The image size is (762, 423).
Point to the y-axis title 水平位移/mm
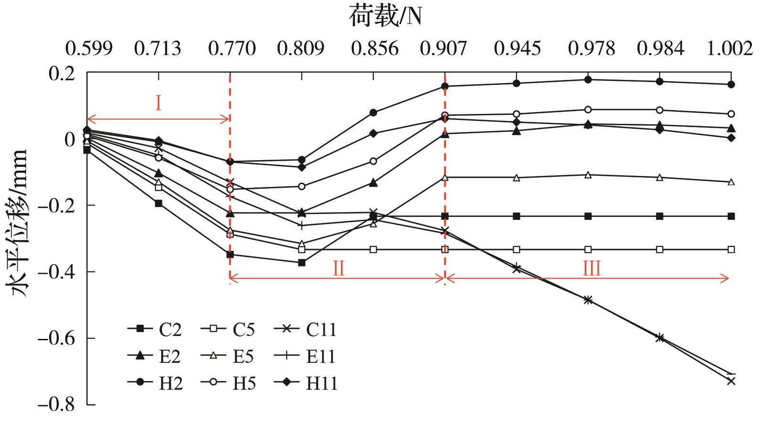18,223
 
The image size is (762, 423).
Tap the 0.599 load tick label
89,49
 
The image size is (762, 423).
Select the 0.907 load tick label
444,49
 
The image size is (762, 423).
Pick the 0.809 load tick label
301,49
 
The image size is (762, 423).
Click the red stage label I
159,103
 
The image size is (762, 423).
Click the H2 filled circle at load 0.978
588,80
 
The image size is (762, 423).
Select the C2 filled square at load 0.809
302,262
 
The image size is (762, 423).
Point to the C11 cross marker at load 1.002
731,381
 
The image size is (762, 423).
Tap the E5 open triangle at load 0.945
517,178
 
